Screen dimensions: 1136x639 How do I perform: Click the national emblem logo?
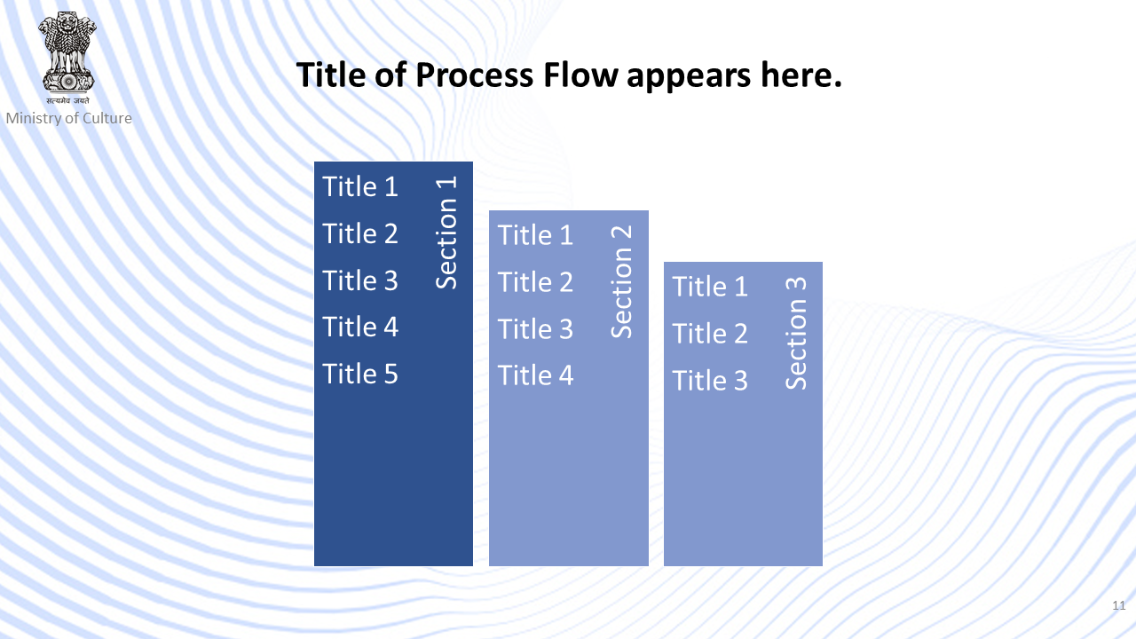click(x=67, y=58)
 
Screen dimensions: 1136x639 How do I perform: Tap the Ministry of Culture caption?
click(x=69, y=118)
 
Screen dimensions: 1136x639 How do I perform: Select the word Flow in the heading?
click(x=580, y=75)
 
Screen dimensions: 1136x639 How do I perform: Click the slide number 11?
click(x=1119, y=605)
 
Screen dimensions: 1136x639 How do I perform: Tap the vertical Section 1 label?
click(x=446, y=233)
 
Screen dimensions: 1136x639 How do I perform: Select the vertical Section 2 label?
click(x=621, y=281)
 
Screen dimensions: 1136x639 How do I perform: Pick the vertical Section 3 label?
click(x=796, y=333)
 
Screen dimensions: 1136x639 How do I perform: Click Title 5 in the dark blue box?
click(x=360, y=374)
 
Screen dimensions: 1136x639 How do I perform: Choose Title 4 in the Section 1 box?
click(x=360, y=327)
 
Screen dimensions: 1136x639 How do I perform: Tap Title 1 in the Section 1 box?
click(x=360, y=186)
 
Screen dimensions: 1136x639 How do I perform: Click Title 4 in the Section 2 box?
click(x=535, y=375)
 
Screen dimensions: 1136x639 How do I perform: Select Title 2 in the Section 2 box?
click(x=535, y=282)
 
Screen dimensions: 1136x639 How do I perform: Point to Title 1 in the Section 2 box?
click(x=535, y=235)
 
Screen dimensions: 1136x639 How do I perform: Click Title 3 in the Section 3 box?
click(x=710, y=381)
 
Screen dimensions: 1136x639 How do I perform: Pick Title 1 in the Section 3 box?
click(x=710, y=287)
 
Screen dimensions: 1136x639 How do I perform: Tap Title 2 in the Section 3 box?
click(x=710, y=334)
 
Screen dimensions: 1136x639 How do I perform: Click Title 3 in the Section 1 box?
click(x=360, y=280)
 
